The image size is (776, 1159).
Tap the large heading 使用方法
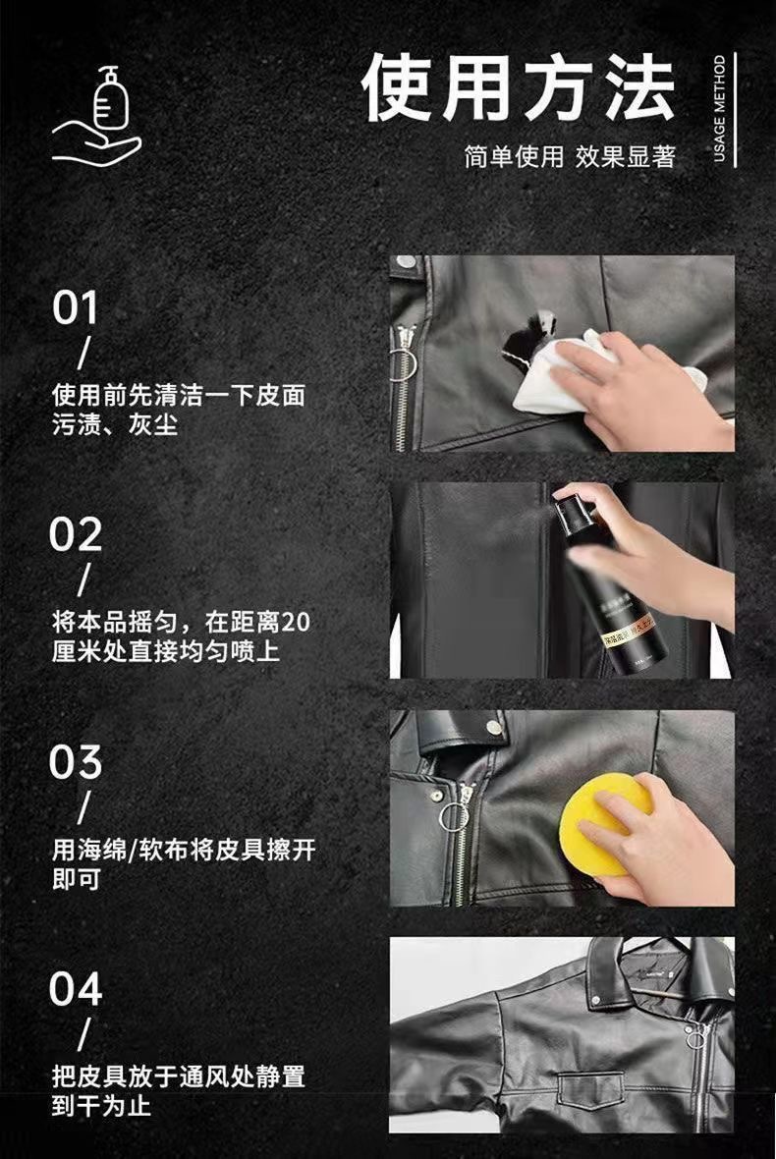pyautogui.click(x=519, y=88)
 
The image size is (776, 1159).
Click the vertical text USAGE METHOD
pyautogui.click(x=720, y=109)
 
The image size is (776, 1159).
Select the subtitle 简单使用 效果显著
pyautogui.click(x=570, y=157)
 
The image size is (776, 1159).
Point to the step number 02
pyautogui.click(x=76, y=534)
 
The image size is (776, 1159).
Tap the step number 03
pyautogui.click(x=76, y=761)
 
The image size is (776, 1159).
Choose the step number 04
pyautogui.click(x=76, y=988)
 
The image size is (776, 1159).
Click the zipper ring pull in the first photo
pyautogui.click(x=403, y=363)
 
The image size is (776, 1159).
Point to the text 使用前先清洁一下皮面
pyautogui.click(x=178, y=396)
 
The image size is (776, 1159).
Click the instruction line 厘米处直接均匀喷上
pyautogui.click(x=166, y=651)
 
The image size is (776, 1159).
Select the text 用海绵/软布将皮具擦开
pyautogui.click(x=184, y=850)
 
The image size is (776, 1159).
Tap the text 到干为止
pyautogui.click(x=101, y=1106)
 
